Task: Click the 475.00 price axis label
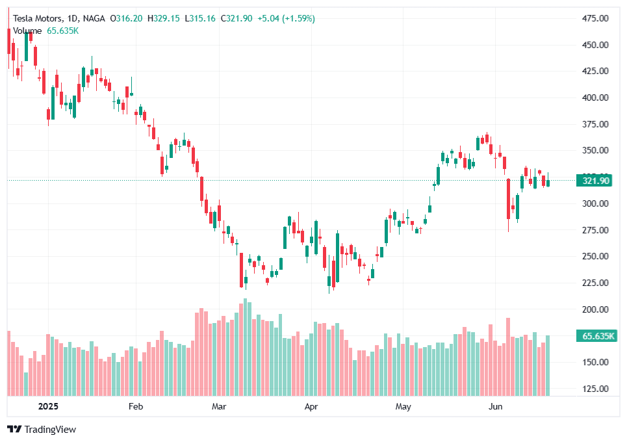pos(595,18)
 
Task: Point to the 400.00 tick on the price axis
pos(595,97)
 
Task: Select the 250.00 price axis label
pos(595,256)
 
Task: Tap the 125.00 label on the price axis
pos(595,389)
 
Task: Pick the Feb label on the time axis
pos(135,407)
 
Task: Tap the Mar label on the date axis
pos(219,407)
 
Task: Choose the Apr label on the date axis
pos(312,407)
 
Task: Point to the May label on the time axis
pos(403,407)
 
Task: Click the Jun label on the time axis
pos(494,407)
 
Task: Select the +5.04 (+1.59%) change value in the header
pos(286,19)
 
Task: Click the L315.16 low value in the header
pos(201,19)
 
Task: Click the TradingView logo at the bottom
pos(42,430)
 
